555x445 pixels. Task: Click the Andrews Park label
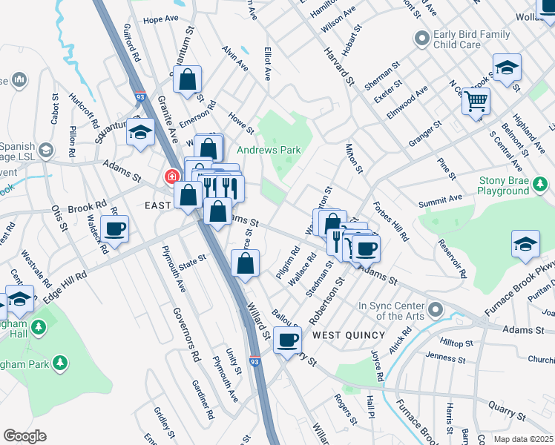pyautogui.click(x=269, y=150)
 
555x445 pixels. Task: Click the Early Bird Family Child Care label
pyautogui.click(x=472, y=39)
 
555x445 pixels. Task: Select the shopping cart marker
pyautogui.click(x=476, y=100)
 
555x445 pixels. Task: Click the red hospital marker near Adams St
pyautogui.click(x=171, y=177)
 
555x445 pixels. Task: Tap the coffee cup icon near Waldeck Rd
pyautogui.click(x=115, y=229)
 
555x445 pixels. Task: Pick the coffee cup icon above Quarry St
pyautogui.click(x=287, y=340)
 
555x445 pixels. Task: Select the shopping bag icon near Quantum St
pyautogui.click(x=188, y=79)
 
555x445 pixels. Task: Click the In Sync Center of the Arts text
pyautogui.click(x=391, y=311)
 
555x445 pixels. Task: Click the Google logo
pyautogui.click(x=24, y=436)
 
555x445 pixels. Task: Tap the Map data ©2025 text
pyautogui.click(x=522, y=439)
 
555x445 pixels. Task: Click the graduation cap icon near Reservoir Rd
pyautogui.click(x=525, y=244)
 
